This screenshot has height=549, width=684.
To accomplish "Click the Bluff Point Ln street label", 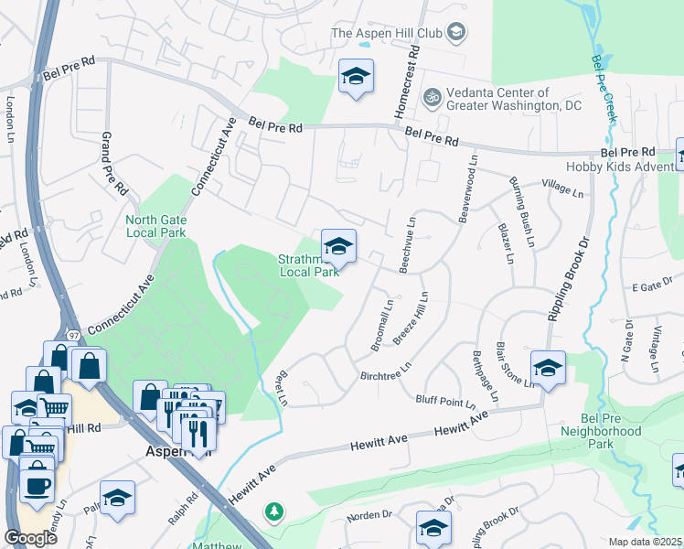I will (x=445, y=400).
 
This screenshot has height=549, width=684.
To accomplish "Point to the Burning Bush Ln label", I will (x=520, y=211).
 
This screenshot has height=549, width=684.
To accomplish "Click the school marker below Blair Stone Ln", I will (x=547, y=368).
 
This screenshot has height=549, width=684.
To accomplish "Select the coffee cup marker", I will (x=37, y=485).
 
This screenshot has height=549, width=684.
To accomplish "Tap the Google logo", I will (x=30, y=537).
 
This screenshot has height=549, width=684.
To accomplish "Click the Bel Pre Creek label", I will (x=604, y=88).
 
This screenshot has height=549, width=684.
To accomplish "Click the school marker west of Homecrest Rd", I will (x=356, y=76).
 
